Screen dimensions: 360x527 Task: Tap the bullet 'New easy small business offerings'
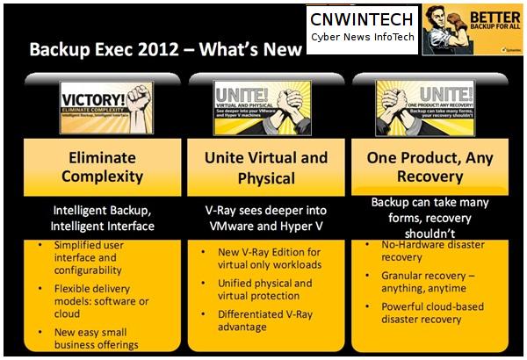97,338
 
